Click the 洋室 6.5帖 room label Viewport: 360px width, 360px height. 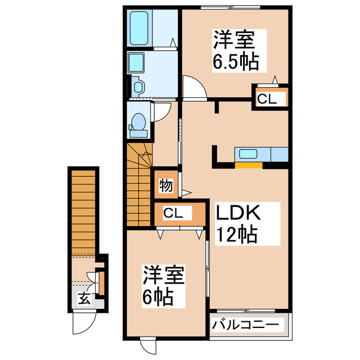click(235, 51)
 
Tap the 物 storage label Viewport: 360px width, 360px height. click(165, 184)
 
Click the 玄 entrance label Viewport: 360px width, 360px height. click(83, 299)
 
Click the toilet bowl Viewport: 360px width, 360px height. click(138, 121)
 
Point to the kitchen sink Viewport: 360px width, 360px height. click(248, 154)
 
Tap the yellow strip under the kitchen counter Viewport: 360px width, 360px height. click(248, 165)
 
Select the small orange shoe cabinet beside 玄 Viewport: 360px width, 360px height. click(101, 283)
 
